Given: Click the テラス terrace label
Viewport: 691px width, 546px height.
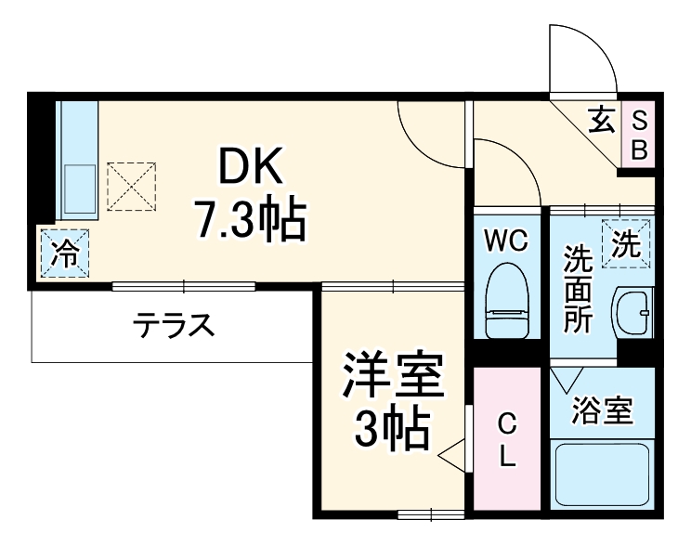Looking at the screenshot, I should click(174, 325).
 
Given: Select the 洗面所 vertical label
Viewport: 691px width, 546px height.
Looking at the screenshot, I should click(579, 289).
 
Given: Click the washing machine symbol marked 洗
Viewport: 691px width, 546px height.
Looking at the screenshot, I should click(626, 244).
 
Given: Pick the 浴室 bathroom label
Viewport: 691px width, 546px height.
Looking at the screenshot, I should click(603, 409).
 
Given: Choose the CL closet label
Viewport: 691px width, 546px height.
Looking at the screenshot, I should click(507, 440).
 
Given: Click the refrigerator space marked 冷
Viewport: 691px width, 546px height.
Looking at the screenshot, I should click(65, 253).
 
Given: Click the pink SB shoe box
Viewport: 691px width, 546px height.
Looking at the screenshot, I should click(639, 135).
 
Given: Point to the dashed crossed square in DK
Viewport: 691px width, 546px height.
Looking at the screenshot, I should click(130, 186).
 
